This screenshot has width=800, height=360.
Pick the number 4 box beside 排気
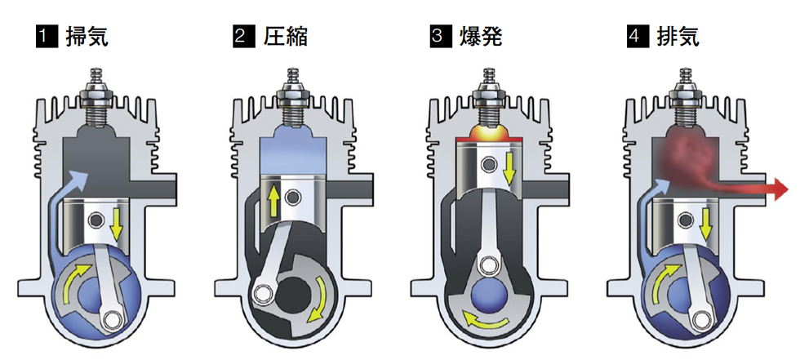point(637,36)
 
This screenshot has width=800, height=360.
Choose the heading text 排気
point(678,36)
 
